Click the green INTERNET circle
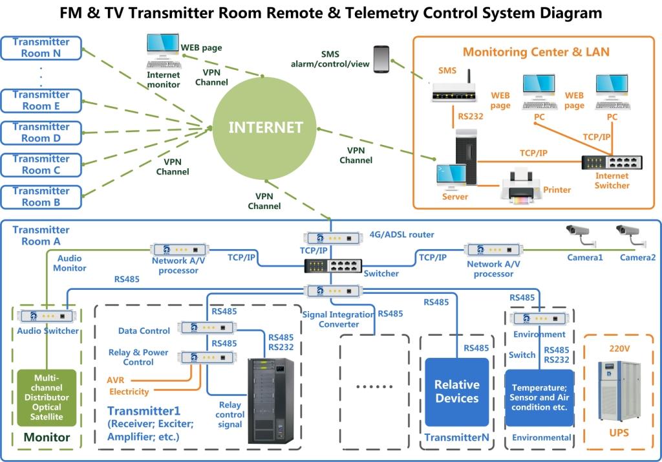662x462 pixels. click(264, 127)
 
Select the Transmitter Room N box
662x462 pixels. click(41, 48)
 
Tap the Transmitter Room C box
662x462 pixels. click(41, 165)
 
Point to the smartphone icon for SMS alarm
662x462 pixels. click(381, 59)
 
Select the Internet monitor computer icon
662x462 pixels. click(164, 51)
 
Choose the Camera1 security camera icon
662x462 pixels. click(581, 236)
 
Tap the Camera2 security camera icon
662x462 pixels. click(631, 236)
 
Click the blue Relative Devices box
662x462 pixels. click(457, 392)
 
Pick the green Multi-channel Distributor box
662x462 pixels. click(47, 398)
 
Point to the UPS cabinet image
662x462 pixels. click(619, 391)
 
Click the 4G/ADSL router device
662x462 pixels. click(333, 238)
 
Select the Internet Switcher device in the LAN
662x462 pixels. click(612, 162)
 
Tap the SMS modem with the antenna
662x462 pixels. click(454, 89)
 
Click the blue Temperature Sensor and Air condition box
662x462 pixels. click(540, 398)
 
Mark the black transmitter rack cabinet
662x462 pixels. click(271, 401)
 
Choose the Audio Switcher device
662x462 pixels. click(47, 316)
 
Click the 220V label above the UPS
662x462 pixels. click(619, 349)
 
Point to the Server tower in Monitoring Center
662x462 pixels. click(466, 157)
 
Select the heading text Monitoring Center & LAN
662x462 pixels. click(536, 52)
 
